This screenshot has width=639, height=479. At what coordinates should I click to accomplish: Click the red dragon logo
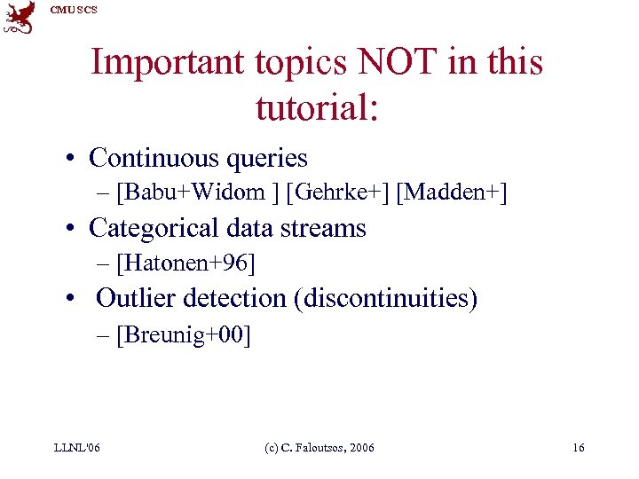click(x=20, y=17)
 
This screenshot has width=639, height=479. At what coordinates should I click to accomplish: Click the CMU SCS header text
click(x=74, y=10)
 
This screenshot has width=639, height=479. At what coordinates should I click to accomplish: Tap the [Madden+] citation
click(x=452, y=192)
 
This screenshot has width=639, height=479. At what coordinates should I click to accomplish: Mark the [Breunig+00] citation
click(x=184, y=334)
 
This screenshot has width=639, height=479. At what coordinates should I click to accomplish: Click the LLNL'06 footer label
click(x=76, y=447)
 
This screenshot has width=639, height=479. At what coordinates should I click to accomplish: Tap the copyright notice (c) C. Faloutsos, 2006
click(x=319, y=447)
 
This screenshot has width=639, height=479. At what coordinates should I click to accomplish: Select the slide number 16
click(x=578, y=447)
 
